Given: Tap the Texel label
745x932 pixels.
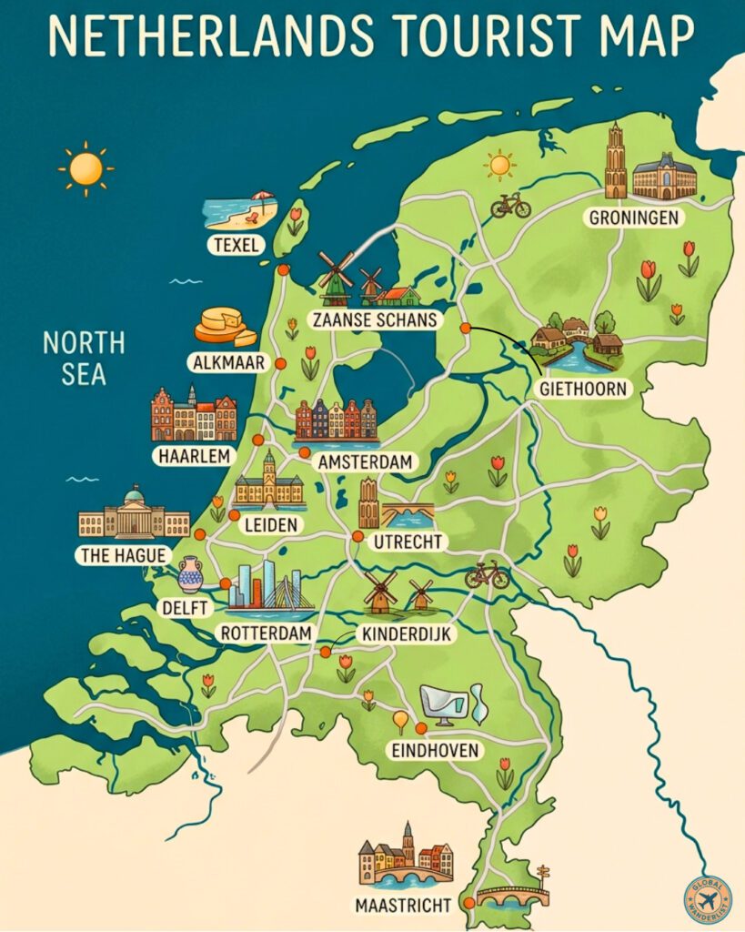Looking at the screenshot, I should [x=234, y=244].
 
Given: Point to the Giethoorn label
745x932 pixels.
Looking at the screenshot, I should [x=583, y=389].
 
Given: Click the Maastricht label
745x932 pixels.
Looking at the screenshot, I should [x=404, y=905].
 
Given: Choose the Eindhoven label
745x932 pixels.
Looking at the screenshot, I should [x=436, y=750].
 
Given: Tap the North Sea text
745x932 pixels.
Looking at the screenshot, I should [x=84, y=358].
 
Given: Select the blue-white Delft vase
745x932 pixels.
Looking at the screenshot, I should [x=190, y=574].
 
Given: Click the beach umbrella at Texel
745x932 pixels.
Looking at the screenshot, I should [x=262, y=198].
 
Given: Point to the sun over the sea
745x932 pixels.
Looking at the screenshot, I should [x=86, y=168].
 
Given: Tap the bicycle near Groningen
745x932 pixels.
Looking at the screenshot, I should [x=510, y=207].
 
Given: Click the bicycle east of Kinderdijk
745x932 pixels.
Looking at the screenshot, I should [x=487, y=575].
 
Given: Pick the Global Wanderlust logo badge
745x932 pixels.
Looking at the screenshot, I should [x=707, y=897].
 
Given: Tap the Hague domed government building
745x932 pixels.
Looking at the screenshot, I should [x=134, y=514].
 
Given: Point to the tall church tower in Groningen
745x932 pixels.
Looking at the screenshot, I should [x=616, y=162].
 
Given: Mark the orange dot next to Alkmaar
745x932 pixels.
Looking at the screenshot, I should [x=280, y=363].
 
